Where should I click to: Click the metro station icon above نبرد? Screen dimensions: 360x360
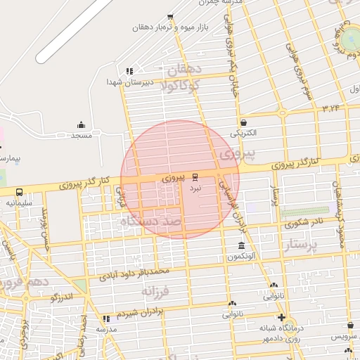(195, 177)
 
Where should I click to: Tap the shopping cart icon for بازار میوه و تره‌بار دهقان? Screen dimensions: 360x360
(170, 17)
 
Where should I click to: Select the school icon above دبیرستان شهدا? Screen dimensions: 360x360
(129, 71)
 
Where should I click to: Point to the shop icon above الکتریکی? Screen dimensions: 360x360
(243, 122)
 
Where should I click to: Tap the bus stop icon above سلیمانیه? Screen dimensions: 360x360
(19, 192)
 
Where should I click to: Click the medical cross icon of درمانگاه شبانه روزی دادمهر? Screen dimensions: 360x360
(282, 318)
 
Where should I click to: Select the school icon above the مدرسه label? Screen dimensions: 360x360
(106, 319)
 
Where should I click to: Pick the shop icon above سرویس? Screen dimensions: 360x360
(350, 326)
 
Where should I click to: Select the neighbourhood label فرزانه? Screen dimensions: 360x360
(156, 290)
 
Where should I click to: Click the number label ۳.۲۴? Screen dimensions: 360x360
(330, 108)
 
